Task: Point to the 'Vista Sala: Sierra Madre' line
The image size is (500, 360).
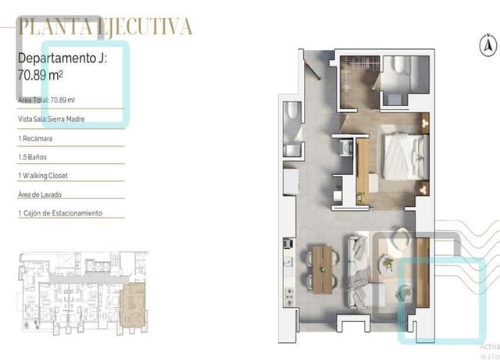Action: (51, 119)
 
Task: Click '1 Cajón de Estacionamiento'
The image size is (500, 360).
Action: (59, 213)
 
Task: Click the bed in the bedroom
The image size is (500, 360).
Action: (405, 153)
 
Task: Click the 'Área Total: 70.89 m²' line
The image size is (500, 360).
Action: (46, 100)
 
